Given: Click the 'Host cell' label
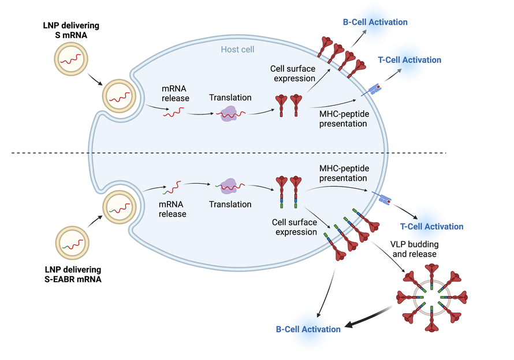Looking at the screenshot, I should coord(237,50).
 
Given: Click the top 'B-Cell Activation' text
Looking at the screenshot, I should coord(375,22).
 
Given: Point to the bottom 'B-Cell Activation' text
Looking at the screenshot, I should coord(308,329).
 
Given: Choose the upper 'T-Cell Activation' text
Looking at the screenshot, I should coord(409,60).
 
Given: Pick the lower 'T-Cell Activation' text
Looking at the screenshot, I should coord(431,227).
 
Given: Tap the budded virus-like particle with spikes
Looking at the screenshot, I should coord(433,298).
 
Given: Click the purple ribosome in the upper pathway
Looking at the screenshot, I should coord(230,114).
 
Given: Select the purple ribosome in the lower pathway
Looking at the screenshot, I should coord(229,186).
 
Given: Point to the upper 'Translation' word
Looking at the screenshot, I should coord(230,98).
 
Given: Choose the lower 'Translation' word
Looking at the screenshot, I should coord(230,204).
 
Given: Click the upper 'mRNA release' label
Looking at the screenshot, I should coord(175,94).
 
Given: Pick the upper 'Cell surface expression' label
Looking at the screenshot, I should coord(293,73).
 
